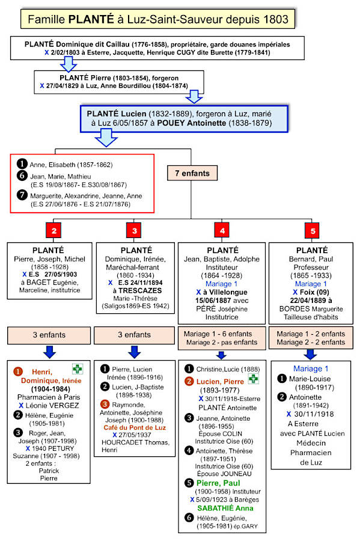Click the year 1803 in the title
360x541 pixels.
276,19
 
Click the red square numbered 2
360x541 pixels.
53,230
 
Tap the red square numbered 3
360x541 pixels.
134,230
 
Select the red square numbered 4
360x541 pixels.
222,230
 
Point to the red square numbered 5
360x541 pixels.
312,230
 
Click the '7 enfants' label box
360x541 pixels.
192,173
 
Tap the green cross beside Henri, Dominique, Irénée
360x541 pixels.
78,369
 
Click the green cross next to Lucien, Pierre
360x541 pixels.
254,379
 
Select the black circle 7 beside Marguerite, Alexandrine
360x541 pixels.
22,195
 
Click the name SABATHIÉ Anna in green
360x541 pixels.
225,508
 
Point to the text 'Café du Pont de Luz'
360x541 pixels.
135,427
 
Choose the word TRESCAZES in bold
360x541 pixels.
140,290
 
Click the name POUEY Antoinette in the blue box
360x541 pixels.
191,123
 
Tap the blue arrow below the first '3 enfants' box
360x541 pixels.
50,352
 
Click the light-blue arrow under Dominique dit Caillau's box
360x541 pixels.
69,64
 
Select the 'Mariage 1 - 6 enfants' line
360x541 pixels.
218,334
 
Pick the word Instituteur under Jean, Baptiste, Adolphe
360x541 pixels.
222,267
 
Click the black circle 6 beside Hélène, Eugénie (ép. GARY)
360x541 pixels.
189,517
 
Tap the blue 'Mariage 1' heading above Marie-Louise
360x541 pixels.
311,368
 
